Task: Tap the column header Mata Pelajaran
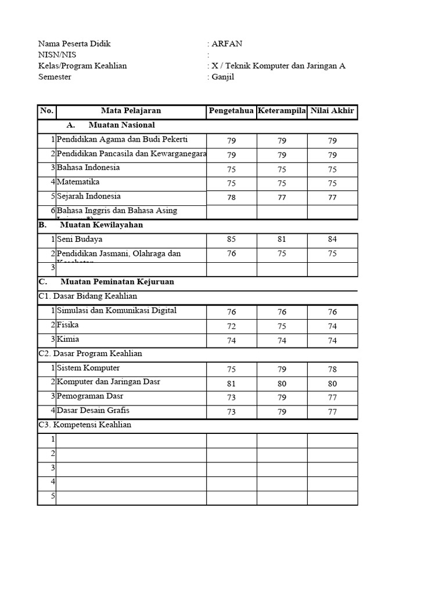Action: click(131, 111)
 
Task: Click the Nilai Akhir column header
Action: click(332, 111)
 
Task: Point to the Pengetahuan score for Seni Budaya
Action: click(232, 239)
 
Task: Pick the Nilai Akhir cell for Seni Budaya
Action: click(332, 239)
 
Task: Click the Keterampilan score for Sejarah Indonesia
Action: click(282, 198)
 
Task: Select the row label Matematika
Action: click(78, 182)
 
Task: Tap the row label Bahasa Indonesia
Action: click(88, 168)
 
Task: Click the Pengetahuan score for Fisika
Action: click(232, 326)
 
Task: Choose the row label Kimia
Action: click(68, 339)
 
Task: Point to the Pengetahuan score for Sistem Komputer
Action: click(232, 370)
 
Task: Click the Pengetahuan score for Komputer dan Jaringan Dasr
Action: click(232, 383)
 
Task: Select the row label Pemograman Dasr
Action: click(90, 396)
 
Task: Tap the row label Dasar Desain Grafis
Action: click(93, 411)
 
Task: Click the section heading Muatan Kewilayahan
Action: click(101, 224)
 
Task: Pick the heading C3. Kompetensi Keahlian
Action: click(85, 425)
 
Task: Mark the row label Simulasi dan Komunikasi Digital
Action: click(117, 311)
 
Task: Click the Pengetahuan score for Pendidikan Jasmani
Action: click(232, 253)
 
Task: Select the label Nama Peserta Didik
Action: click(74, 44)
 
